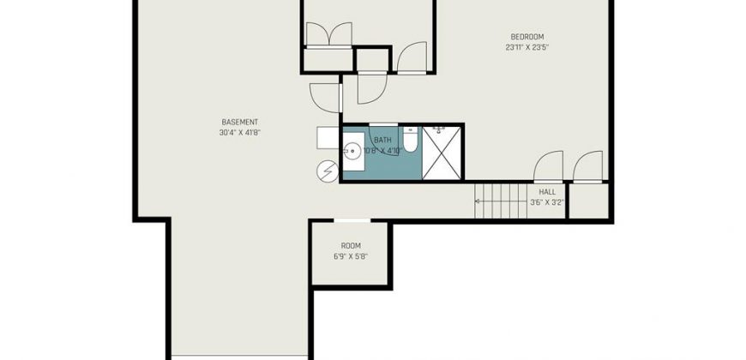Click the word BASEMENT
pyautogui.click(x=240, y=123)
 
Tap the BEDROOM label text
pyautogui.click(x=527, y=37)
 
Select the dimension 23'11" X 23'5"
pyautogui.click(x=527, y=47)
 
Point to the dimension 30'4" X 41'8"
pyautogui.click(x=240, y=133)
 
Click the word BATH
pyautogui.click(x=382, y=141)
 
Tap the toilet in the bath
pyautogui.click(x=410, y=138)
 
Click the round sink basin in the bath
pyautogui.click(x=353, y=153)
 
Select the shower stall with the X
pyautogui.click(x=442, y=153)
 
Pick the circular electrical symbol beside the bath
pyautogui.click(x=328, y=171)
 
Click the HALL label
pyautogui.click(x=547, y=192)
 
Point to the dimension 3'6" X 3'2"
pyautogui.click(x=547, y=202)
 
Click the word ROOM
pyautogui.click(x=351, y=246)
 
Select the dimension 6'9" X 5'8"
pyautogui.click(x=351, y=256)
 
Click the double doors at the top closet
pyautogui.click(x=328, y=35)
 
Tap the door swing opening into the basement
pyautogui.click(x=325, y=98)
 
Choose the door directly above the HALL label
pyautogui.click(x=548, y=167)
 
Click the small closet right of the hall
pyautogui.click(x=588, y=201)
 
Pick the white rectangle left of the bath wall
pyautogui.click(x=328, y=138)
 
